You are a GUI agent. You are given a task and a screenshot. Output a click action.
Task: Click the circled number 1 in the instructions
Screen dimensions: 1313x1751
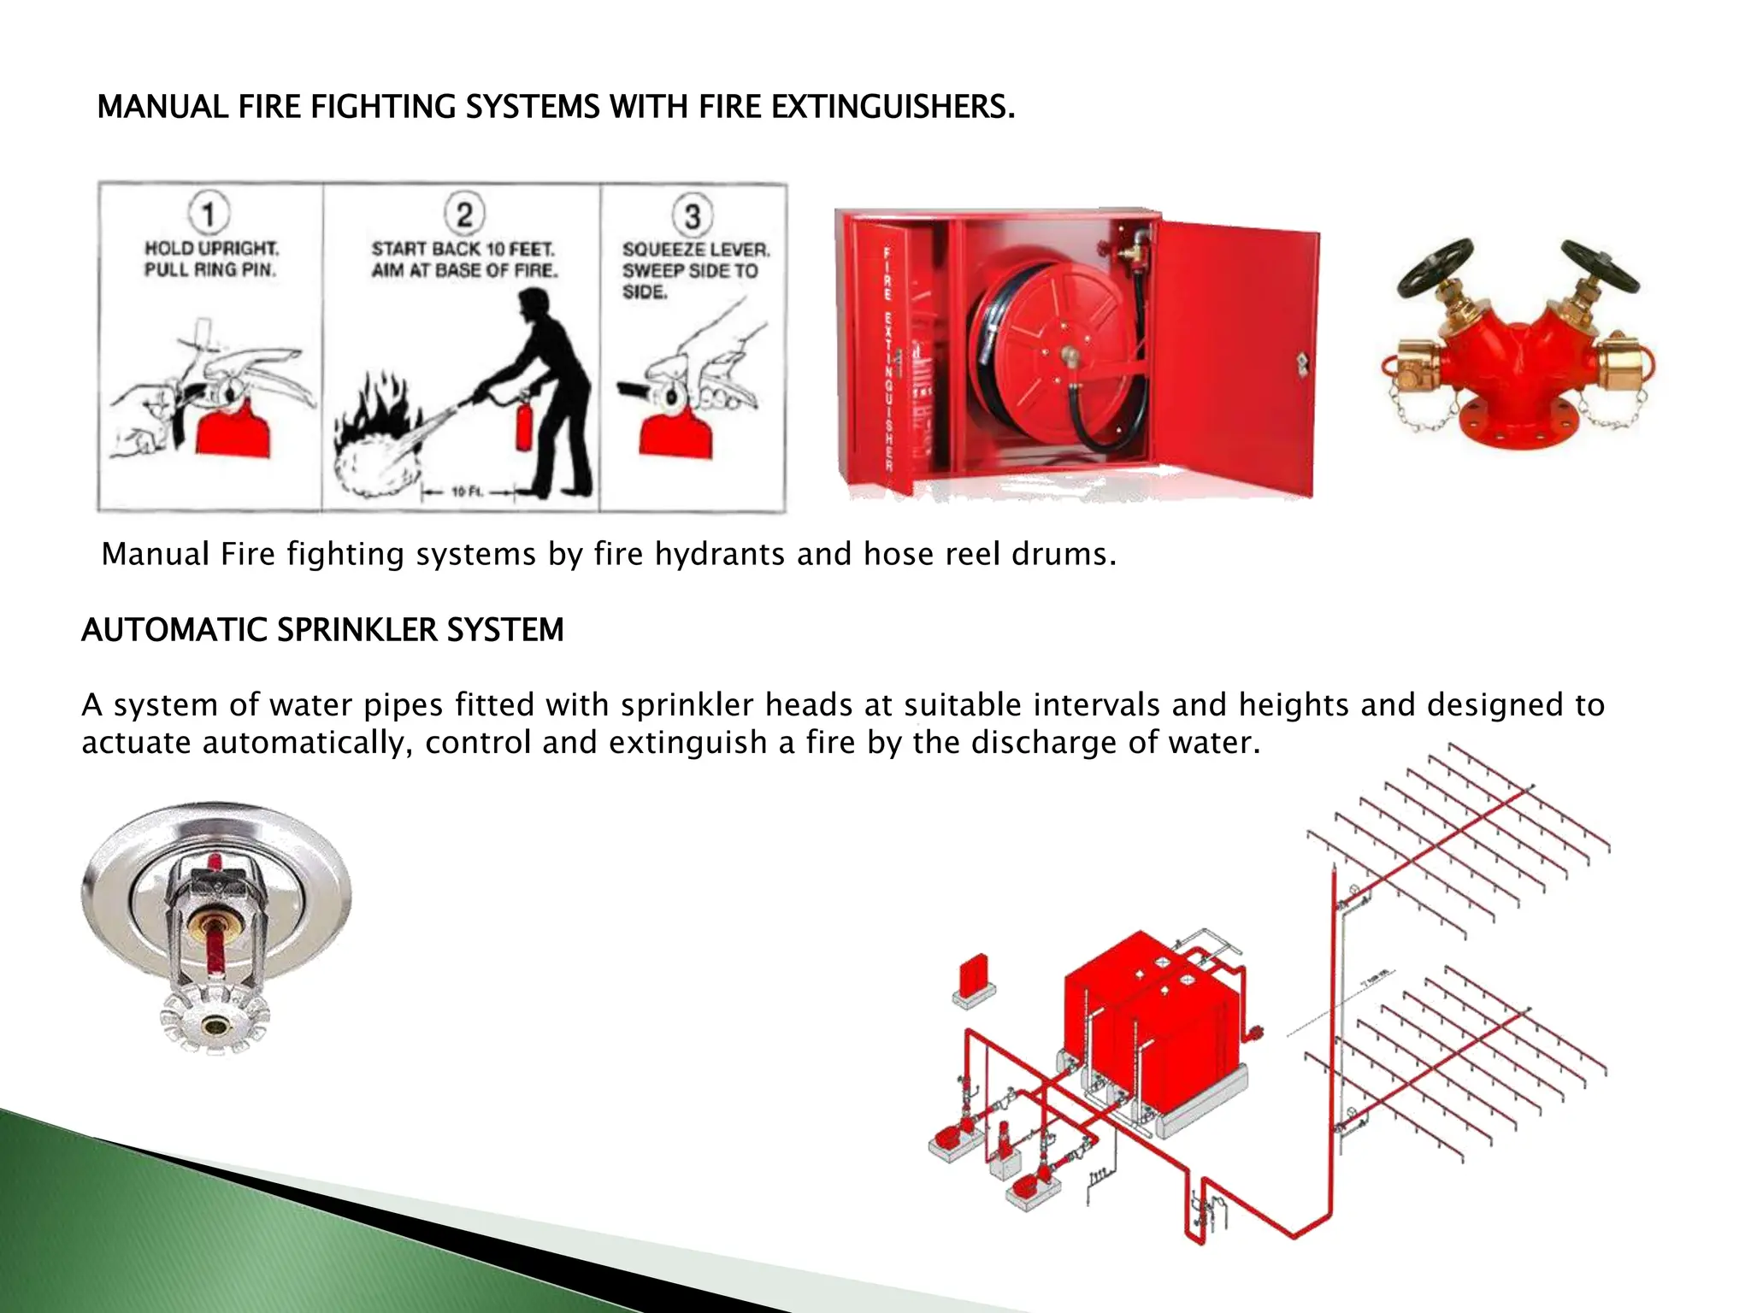(x=209, y=213)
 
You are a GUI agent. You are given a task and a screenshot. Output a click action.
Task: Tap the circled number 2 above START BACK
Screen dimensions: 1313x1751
(x=464, y=213)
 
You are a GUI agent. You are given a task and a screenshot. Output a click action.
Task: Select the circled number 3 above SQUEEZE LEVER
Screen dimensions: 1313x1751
(x=693, y=215)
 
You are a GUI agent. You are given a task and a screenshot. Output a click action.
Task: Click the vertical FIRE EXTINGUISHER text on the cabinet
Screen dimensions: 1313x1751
(x=887, y=359)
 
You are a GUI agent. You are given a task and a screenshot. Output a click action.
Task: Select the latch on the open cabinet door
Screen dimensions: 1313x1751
(x=1302, y=364)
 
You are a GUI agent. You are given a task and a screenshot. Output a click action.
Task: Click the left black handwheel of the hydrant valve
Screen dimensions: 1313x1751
(x=1436, y=267)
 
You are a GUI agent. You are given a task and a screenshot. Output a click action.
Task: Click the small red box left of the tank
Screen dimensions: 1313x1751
(x=973, y=979)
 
